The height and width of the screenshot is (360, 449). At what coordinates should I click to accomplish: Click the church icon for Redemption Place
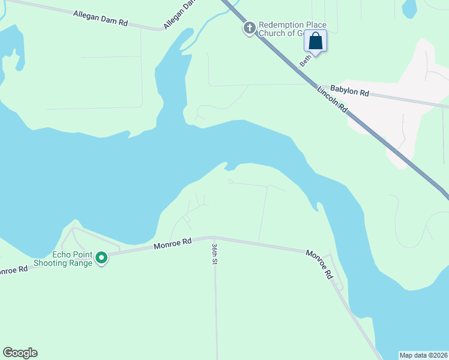click(250, 28)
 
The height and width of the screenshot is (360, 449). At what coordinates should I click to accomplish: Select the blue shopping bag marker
click(316, 42)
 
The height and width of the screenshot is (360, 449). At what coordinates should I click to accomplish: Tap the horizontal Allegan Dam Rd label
click(100, 18)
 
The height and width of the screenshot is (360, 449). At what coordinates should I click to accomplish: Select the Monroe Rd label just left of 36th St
click(172, 243)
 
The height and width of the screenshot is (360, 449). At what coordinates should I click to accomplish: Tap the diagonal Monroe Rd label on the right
click(319, 264)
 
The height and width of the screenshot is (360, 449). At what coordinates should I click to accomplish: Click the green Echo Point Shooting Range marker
click(101, 258)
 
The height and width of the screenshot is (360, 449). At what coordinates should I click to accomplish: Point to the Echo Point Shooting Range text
click(63, 259)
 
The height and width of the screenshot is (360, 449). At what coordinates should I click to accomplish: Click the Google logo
click(20, 353)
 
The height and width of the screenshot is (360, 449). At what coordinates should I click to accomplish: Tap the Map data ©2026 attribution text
click(424, 355)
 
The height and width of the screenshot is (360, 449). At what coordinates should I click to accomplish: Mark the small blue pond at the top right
click(409, 8)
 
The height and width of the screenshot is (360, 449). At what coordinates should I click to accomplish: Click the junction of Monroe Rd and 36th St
click(213, 237)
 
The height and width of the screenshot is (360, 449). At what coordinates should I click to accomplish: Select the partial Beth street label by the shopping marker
click(305, 60)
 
